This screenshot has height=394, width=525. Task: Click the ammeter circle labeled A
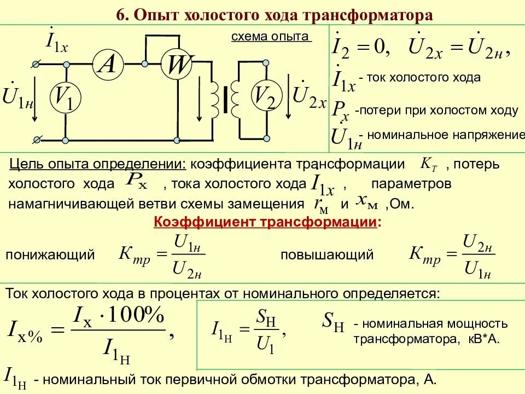(x=107, y=65)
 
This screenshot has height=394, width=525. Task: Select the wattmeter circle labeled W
(x=177, y=65)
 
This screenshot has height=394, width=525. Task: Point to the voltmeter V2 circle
(x=265, y=97)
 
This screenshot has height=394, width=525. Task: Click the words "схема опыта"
(x=270, y=37)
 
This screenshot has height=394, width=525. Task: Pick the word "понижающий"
(x=50, y=255)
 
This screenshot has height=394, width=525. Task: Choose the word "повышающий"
(x=327, y=255)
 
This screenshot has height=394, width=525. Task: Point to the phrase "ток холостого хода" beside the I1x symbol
(x=423, y=78)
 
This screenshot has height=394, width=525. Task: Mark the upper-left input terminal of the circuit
(x=36, y=65)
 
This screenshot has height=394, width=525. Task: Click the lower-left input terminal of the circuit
(x=36, y=140)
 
